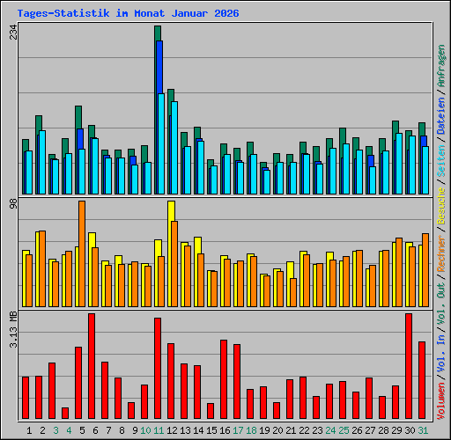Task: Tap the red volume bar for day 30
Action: click(x=409, y=366)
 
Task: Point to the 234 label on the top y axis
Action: click(x=12, y=33)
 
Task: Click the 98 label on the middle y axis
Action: click(x=12, y=204)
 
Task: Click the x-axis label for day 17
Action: click(x=238, y=430)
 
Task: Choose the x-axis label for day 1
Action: click(x=30, y=430)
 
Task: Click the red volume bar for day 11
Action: click(x=158, y=369)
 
